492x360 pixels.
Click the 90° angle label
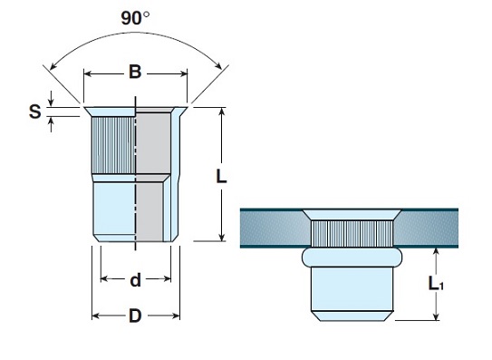click(x=135, y=18)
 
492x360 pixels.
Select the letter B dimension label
click(x=135, y=72)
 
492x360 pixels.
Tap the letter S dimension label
click(x=35, y=112)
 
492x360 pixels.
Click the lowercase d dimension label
click(x=135, y=280)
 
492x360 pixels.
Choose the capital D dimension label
click(x=135, y=316)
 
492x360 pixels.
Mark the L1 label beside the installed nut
click(x=436, y=284)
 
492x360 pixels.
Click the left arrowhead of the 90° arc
click(x=53, y=65)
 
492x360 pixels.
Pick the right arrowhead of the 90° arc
click(x=218, y=64)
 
